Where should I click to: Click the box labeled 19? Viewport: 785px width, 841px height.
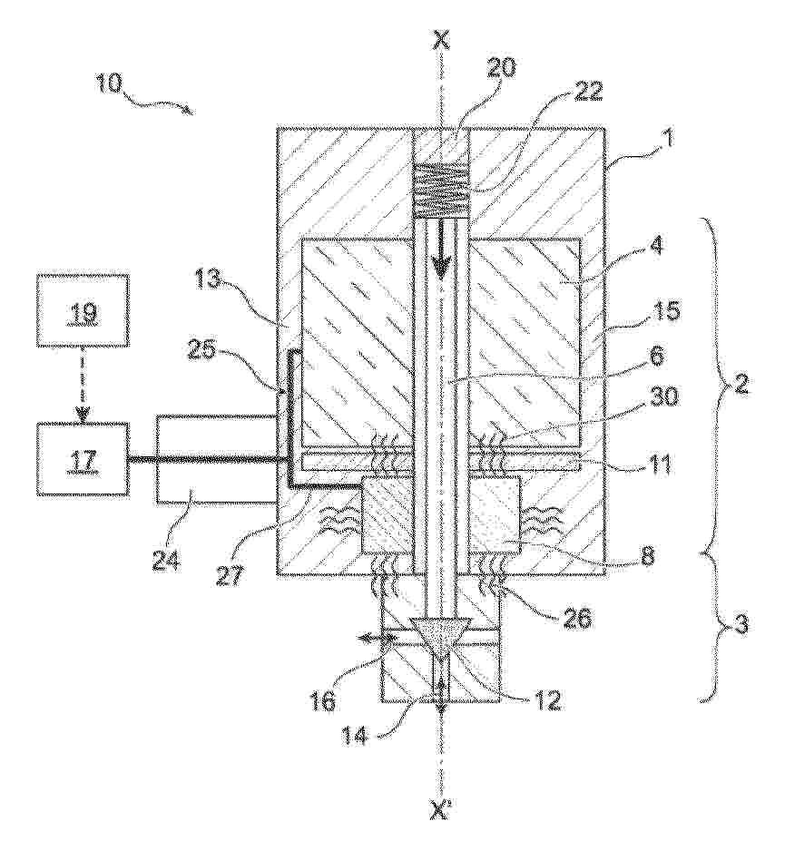[82, 311]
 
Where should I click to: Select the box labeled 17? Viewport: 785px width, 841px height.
[82, 458]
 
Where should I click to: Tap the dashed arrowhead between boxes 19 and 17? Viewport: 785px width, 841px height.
[82, 415]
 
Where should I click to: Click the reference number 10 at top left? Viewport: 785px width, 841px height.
[110, 84]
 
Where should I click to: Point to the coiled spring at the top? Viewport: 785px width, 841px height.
[441, 191]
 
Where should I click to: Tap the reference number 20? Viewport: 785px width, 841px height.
[502, 68]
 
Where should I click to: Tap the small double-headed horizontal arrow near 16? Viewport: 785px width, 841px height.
[377, 637]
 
